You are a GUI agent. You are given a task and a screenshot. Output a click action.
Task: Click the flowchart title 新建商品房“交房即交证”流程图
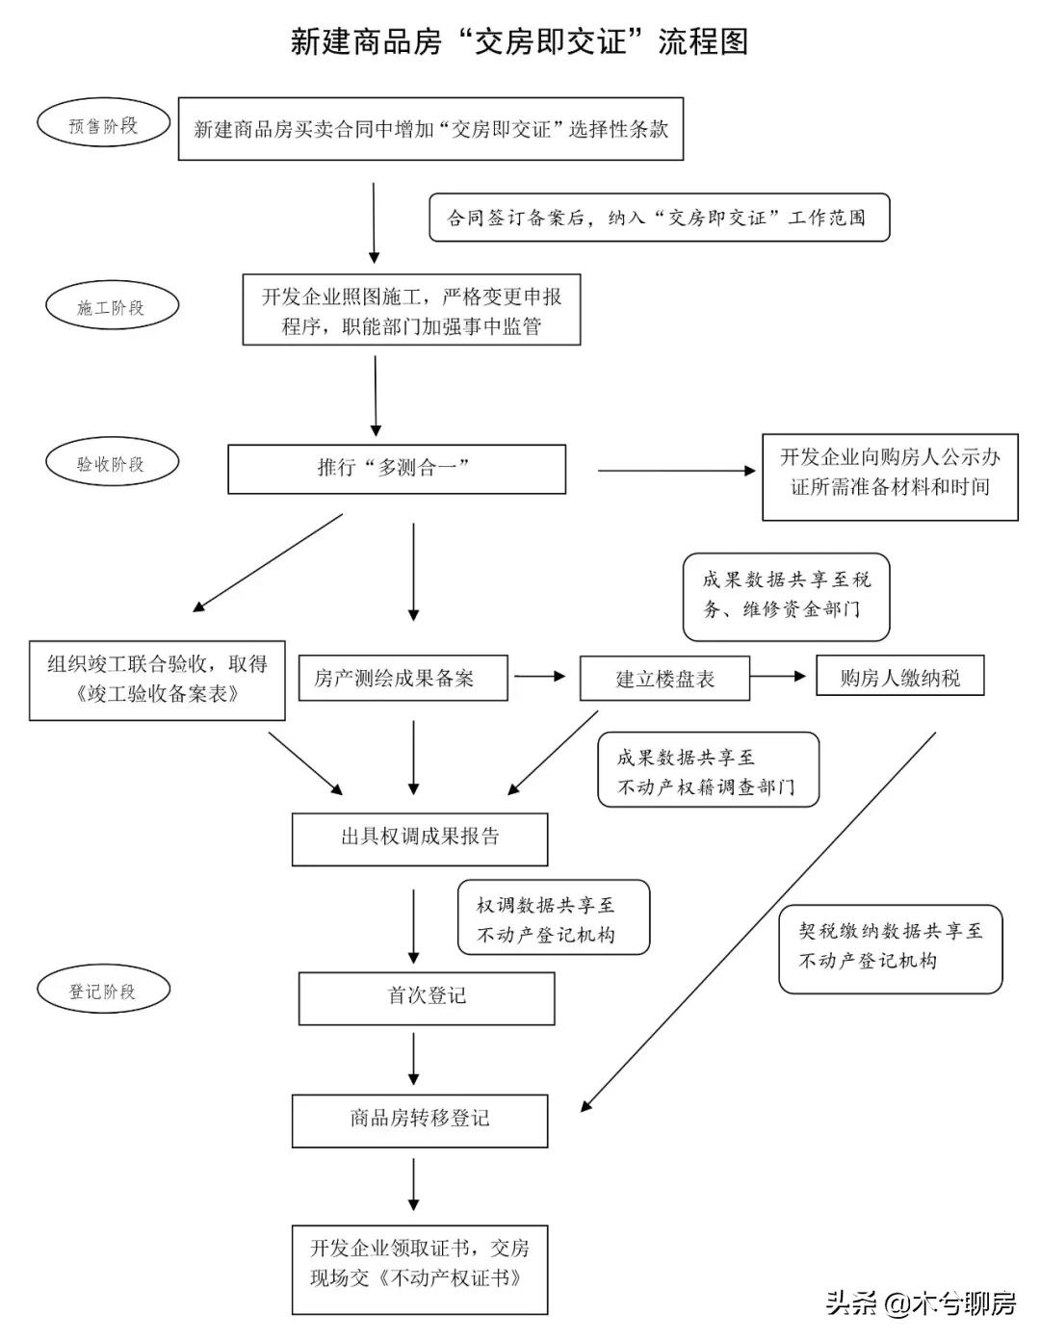pyautogui.click(x=519, y=41)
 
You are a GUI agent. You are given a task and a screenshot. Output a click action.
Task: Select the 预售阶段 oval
pyautogui.click(x=103, y=125)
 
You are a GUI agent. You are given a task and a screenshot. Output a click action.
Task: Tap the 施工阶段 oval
pyautogui.click(x=112, y=307)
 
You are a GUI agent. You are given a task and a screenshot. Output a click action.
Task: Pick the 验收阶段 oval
pyautogui.click(x=112, y=463)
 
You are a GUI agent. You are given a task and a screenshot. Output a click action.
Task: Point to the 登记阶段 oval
pyautogui.click(x=103, y=991)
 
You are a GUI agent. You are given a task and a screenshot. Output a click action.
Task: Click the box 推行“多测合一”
pyautogui.click(x=396, y=469)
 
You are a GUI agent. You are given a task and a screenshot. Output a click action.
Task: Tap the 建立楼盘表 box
pyautogui.click(x=663, y=679)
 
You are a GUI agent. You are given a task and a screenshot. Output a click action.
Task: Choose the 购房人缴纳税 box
pyautogui.click(x=899, y=677)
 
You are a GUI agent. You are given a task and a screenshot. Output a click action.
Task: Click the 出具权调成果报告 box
pyautogui.click(x=420, y=837)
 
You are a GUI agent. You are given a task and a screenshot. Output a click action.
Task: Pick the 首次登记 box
pyautogui.click(x=427, y=997)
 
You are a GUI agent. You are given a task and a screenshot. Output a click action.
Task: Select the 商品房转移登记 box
pyautogui.click(x=420, y=1120)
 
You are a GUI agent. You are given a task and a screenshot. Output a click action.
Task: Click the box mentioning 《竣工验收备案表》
pyautogui.click(x=157, y=680)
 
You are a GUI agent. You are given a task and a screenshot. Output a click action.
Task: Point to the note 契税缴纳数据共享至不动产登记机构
pyautogui.click(x=890, y=947)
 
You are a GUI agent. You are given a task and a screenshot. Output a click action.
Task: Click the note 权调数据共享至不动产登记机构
pyautogui.click(x=553, y=918)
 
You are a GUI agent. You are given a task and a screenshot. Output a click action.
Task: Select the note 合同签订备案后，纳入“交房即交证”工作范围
pyautogui.click(x=659, y=219)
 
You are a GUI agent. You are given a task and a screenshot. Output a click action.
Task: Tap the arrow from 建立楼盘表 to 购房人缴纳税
pyautogui.click(x=777, y=677)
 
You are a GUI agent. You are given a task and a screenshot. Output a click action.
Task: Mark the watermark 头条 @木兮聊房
pyautogui.click(x=920, y=1303)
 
